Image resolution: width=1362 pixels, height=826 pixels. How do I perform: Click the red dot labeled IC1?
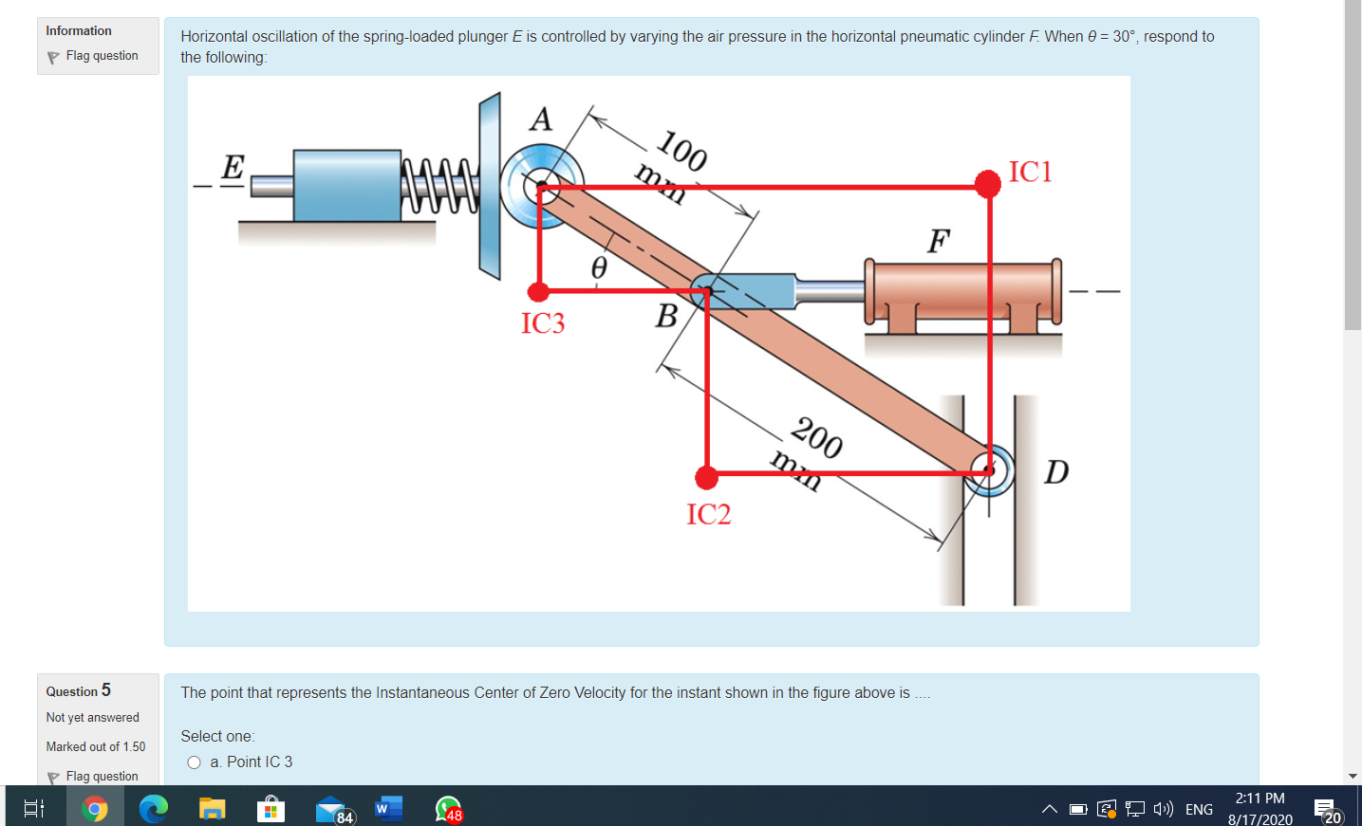987,183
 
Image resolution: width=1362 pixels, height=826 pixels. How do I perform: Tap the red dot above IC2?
706,477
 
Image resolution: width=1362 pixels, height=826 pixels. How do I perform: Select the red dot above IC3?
538,291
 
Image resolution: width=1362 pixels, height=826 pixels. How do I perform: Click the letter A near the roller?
541,119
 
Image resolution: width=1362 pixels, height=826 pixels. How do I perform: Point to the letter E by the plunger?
233,167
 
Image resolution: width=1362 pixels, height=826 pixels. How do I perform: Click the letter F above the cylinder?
938,241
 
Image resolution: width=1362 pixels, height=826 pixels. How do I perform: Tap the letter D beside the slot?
1055,471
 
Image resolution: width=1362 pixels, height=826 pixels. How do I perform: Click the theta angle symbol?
599,267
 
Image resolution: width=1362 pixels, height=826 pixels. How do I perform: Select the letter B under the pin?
666,316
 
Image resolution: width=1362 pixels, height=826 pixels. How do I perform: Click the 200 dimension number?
816,437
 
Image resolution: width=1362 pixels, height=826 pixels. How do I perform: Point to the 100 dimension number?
681,150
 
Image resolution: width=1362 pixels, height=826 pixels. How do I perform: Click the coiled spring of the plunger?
439,186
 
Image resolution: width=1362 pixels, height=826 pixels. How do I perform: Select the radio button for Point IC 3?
195,762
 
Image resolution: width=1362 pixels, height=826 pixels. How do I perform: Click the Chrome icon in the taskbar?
95,809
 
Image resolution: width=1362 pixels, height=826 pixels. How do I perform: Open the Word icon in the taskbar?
388,809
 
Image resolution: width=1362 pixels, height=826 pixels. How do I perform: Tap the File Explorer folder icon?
212,809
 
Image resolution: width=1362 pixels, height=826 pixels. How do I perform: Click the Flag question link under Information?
102,56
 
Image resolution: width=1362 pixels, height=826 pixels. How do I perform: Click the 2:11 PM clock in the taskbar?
1259,798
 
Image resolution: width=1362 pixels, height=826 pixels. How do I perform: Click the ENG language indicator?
1199,809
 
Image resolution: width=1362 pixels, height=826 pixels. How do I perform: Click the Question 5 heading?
79,690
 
